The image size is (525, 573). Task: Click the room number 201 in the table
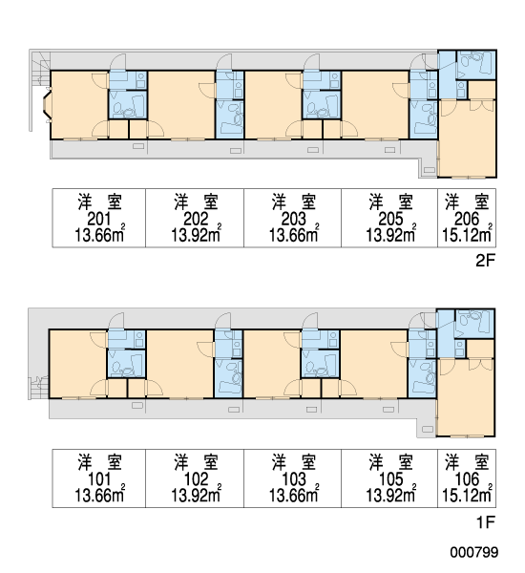(x=99, y=219)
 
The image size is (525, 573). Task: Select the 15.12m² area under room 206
(x=467, y=234)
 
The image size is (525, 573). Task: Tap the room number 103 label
(x=293, y=479)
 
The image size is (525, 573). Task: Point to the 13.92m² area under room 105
(x=390, y=495)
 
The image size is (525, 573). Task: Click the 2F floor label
(x=485, y=261)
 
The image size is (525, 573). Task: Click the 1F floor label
(x=485, y=522)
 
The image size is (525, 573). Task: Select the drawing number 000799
(x=473, y=552)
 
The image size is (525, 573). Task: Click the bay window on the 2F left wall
(x=47, y=104)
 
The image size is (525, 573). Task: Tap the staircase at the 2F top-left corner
(x=40, y=69)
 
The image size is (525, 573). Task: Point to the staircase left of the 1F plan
(x=38, y=388)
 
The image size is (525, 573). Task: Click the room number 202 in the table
(x=196, y=219)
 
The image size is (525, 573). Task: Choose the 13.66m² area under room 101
(x=99, y=495)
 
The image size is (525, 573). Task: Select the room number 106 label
(x=467, y=479)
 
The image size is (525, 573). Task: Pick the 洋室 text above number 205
(x=390, y=202)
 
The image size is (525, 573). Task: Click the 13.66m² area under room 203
(x=294, y=234)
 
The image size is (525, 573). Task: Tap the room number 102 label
(x=196, y=479)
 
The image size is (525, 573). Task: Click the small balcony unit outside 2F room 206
(x=430, y=170)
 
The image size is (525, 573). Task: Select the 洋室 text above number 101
(x=99, y=462)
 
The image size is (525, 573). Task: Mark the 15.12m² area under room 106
(x=467, y=495)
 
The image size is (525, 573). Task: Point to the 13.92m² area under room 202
(x=197, y=234)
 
